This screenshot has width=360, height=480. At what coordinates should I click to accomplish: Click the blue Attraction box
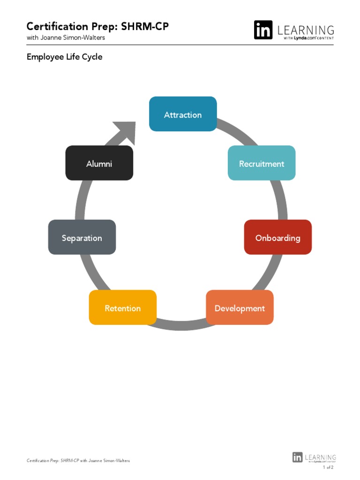pos(183,114)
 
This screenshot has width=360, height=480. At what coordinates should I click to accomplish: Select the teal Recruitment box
pos(262,163)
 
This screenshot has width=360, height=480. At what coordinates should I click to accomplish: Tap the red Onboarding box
pos(277,237)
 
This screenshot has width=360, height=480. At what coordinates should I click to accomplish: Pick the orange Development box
pos(240,307)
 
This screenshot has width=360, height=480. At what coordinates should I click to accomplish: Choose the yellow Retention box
pos(122,307)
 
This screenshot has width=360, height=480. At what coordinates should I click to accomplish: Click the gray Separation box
pos(82,237)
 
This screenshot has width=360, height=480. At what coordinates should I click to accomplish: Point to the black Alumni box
pos(99,163)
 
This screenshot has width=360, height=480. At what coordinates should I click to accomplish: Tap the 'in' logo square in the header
pos(263,30)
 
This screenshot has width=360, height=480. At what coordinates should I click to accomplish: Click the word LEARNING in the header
pos(306,30)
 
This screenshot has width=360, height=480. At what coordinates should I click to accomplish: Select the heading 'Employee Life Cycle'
pos(64,57)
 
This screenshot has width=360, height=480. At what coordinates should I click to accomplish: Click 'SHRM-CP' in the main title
pos(145,26)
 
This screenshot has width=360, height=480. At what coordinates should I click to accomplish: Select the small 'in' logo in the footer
pos(297,457)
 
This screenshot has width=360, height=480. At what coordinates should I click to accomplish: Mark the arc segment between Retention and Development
pos(181,325)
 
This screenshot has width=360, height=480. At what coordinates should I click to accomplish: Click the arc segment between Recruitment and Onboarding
pos(281,200)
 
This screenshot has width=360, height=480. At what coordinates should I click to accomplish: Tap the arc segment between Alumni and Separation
pos(80,200)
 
